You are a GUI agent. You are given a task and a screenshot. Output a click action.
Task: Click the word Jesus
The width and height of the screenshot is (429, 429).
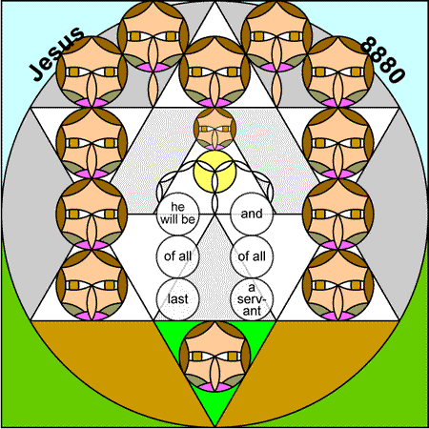[57, 53]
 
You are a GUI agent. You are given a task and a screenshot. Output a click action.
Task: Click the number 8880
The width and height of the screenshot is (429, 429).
[383, 60]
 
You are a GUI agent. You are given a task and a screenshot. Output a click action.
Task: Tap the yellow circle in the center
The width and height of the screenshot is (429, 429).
[214, 172]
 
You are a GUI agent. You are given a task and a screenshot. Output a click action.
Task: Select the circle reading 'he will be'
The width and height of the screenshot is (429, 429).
[177, 214]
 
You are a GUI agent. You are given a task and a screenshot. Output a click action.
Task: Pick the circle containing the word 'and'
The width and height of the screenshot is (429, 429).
[252, 214]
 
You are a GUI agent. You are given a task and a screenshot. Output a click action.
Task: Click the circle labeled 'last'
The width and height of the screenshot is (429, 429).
[177, 299]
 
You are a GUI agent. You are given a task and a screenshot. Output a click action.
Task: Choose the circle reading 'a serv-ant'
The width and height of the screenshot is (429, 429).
[252, 299]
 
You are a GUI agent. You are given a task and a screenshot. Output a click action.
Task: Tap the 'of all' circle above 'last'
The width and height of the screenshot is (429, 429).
[177, 256]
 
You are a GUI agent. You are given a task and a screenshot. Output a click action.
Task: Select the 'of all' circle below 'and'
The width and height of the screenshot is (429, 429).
[252, 256]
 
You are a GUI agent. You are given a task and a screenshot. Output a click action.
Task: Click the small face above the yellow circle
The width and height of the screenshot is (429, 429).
[214, 129]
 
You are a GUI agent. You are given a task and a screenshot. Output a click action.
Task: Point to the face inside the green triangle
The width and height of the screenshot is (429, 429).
[214, 357]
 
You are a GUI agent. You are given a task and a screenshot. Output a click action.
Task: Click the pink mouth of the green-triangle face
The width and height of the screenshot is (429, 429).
[214, 387]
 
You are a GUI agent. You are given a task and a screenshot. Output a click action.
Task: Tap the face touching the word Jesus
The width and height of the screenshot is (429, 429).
[92, 71]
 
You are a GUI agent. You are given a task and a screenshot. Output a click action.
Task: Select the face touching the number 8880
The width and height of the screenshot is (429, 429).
[337, 71]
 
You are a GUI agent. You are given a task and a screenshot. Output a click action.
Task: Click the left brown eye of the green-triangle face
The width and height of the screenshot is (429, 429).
[197, 357]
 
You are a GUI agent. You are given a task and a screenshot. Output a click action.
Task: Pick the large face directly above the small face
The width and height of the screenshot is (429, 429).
[214, 71]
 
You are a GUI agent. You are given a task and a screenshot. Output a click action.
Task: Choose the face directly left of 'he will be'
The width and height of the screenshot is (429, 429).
[92, 214]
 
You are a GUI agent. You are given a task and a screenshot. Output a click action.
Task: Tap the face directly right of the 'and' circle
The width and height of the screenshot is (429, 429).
[337, 214]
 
